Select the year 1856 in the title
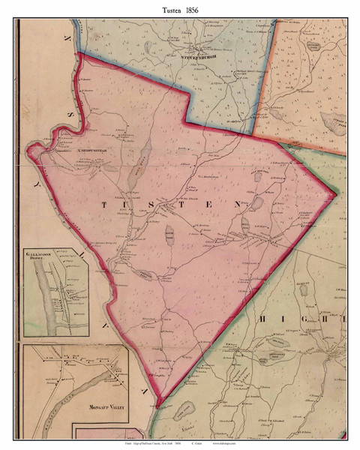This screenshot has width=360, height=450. tap(196, 9)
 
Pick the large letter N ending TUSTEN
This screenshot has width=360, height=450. tap(238, 203)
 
